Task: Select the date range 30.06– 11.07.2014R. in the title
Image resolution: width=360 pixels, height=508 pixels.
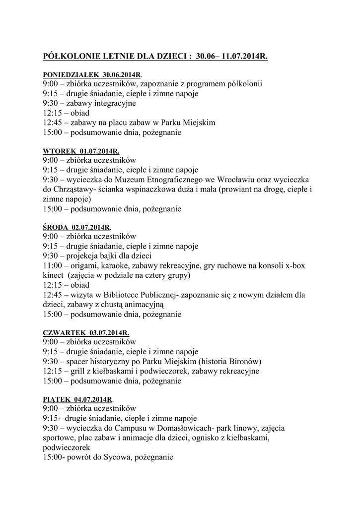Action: (232, 57)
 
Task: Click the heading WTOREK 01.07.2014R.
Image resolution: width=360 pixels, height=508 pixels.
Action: (81, 151)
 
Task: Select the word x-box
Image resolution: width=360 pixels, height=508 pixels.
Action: (294, 266)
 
